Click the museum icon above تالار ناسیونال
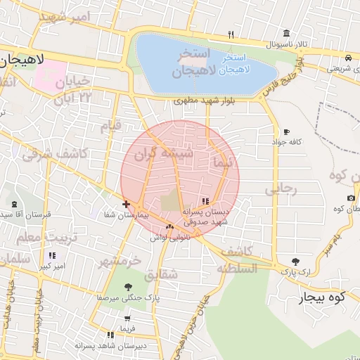[285, 33]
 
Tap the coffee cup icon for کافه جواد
[286, 131]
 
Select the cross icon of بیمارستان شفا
[126, 204]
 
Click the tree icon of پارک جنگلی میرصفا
[128, 287]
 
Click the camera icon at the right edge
[351, 198]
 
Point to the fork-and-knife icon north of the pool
[231, 33]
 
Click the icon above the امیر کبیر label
[51, 256]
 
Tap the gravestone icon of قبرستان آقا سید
[14, 204]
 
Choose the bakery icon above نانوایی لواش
[169, 226]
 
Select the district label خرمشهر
[120, 261]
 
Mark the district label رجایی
[281, 189]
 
